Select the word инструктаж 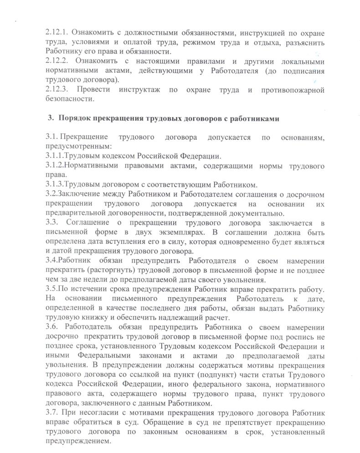pos(141,90)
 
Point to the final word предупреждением pos(78,442)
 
